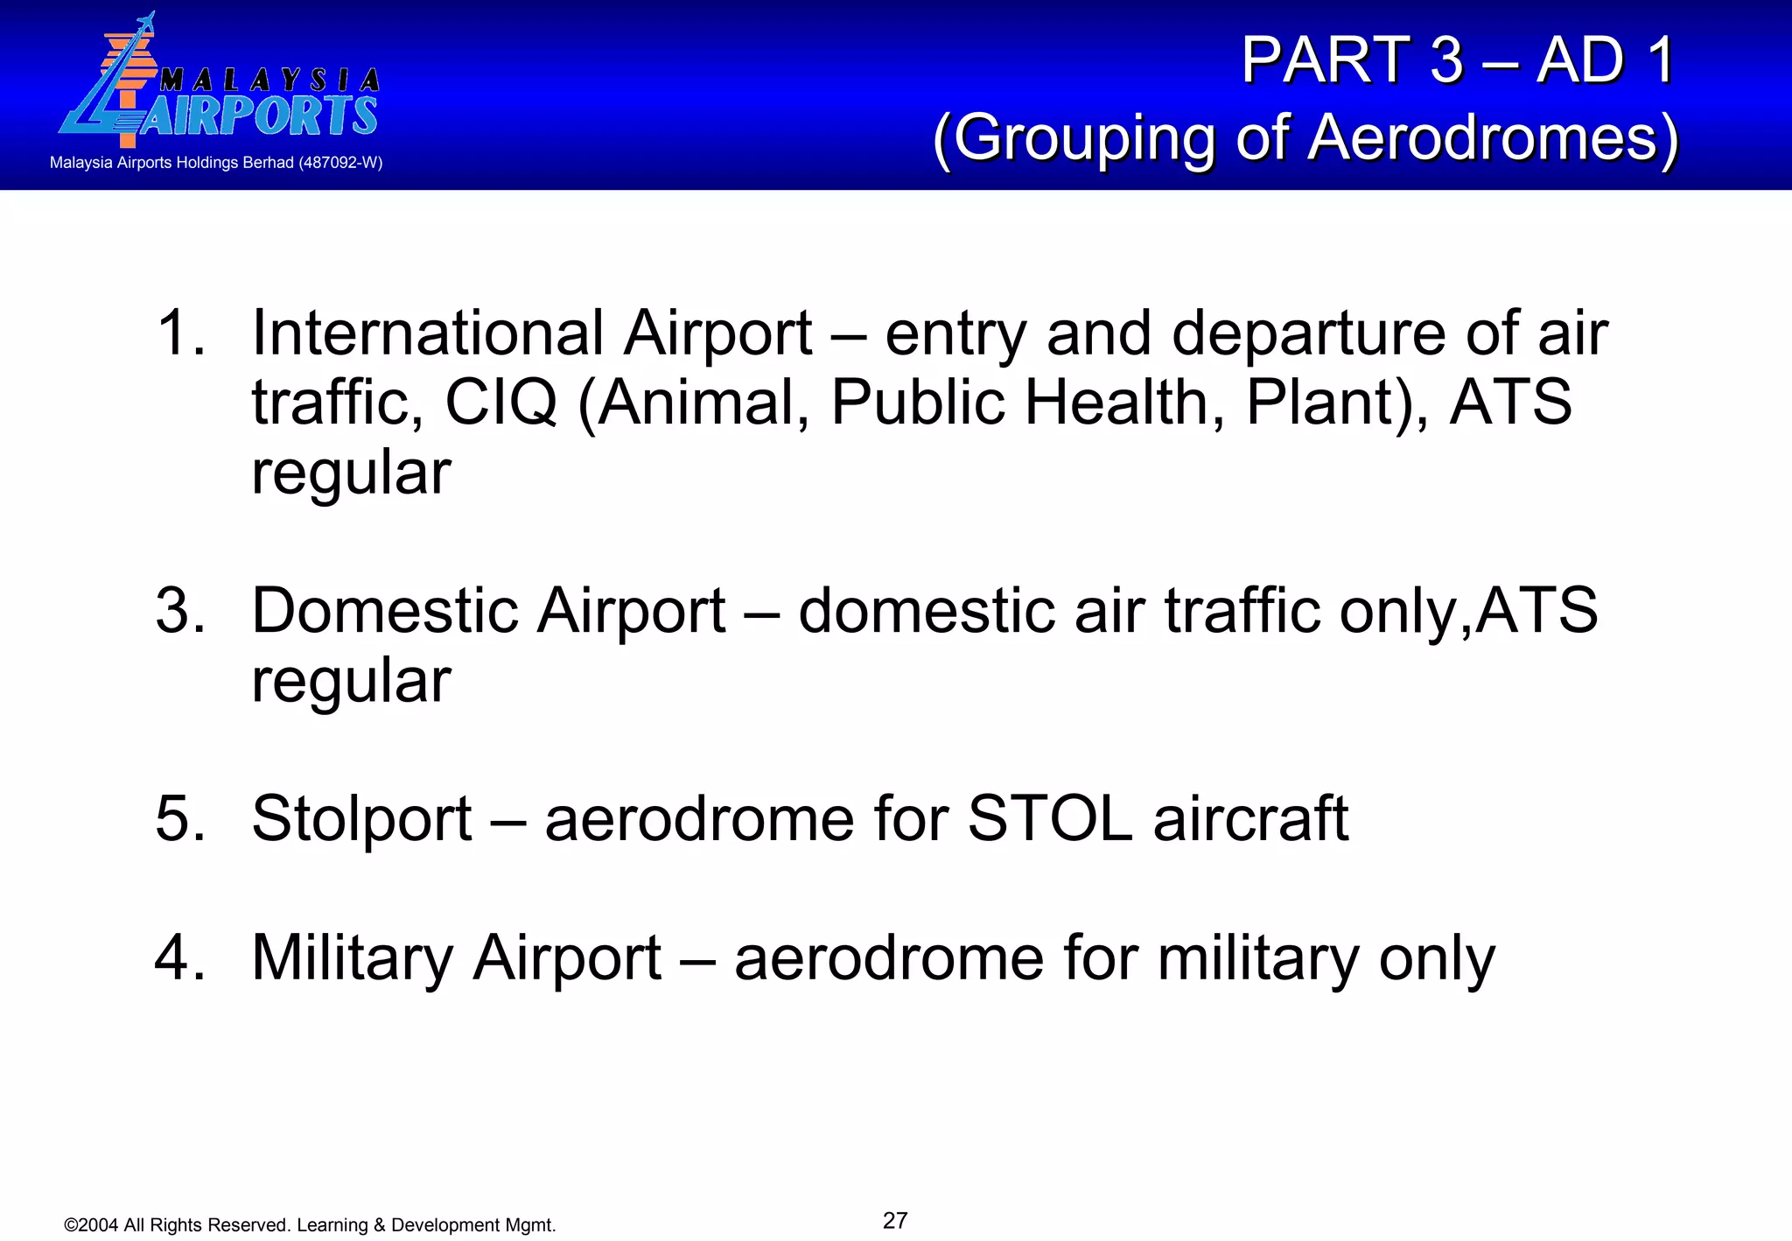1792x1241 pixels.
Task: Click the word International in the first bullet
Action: (x=427, y=333)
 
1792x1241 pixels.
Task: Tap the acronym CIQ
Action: (x=500, y=403)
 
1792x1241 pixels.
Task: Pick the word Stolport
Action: (x=361, y=819)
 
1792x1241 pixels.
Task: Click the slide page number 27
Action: (x=895, y=1220)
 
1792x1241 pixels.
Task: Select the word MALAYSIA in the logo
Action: (x=269, y=81)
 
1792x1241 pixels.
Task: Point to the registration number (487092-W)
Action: (x=340, y=163)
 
